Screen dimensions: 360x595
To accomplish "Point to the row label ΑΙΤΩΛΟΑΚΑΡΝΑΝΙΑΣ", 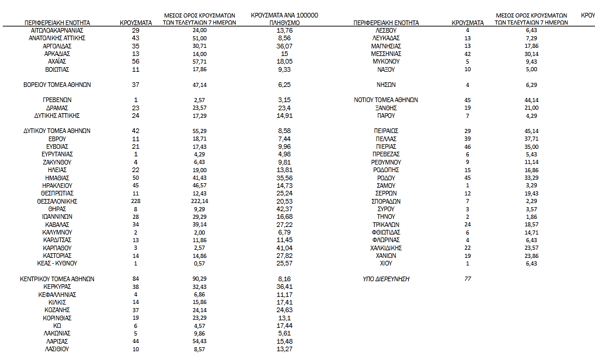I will tap(57, 30).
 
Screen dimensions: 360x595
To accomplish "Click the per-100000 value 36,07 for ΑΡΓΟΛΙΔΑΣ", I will tap(284, 46).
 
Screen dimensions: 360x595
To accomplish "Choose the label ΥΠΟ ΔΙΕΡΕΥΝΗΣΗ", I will tap(386, 279).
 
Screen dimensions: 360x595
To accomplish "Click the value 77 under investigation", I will tap(468, 279).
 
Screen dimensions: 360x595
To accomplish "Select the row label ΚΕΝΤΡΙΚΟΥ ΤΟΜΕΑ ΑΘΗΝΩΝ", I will tap(57, 279).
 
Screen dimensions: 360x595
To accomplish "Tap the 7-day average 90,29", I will tap(200, 279).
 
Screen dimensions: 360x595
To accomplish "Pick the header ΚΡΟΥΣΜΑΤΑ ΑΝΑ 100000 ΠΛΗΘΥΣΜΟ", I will tap(284, 18).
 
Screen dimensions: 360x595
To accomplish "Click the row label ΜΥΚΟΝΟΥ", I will tap(386, 61).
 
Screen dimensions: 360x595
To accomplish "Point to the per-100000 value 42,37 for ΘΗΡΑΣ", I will tap(284, 209).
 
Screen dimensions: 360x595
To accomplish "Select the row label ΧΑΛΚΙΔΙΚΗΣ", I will tap(386, 248).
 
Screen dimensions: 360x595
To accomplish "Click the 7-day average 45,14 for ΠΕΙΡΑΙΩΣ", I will tap(531, 131).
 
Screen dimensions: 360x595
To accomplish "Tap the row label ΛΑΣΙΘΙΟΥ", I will tap(57, 349).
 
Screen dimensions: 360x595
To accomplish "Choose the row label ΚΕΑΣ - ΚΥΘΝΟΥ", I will tap(57, 263).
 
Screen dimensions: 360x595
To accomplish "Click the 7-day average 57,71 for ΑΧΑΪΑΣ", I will tap(200, 61).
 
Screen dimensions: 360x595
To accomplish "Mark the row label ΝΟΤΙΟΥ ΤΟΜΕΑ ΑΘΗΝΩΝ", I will tap(386, 100).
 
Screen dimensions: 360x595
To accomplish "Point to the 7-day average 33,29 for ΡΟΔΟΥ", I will tap(531, 178).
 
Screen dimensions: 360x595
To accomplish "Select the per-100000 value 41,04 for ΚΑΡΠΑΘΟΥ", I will tap(284, 248).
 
